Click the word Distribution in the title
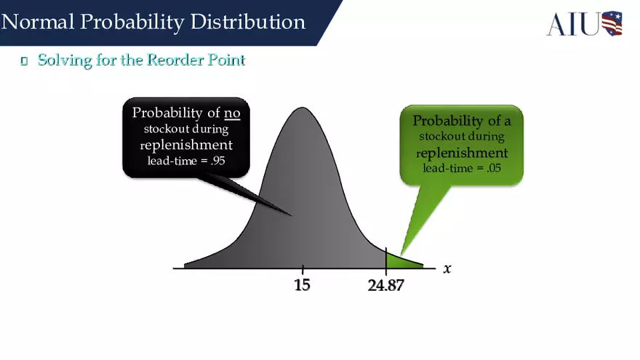247,22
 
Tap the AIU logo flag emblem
612,23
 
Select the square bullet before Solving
24,61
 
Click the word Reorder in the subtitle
173,60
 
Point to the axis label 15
302,285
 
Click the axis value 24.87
385,285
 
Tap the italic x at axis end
447,268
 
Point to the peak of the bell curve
302,111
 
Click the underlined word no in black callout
232,113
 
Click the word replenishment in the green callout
462,153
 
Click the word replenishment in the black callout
186,145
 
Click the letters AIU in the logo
573,24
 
